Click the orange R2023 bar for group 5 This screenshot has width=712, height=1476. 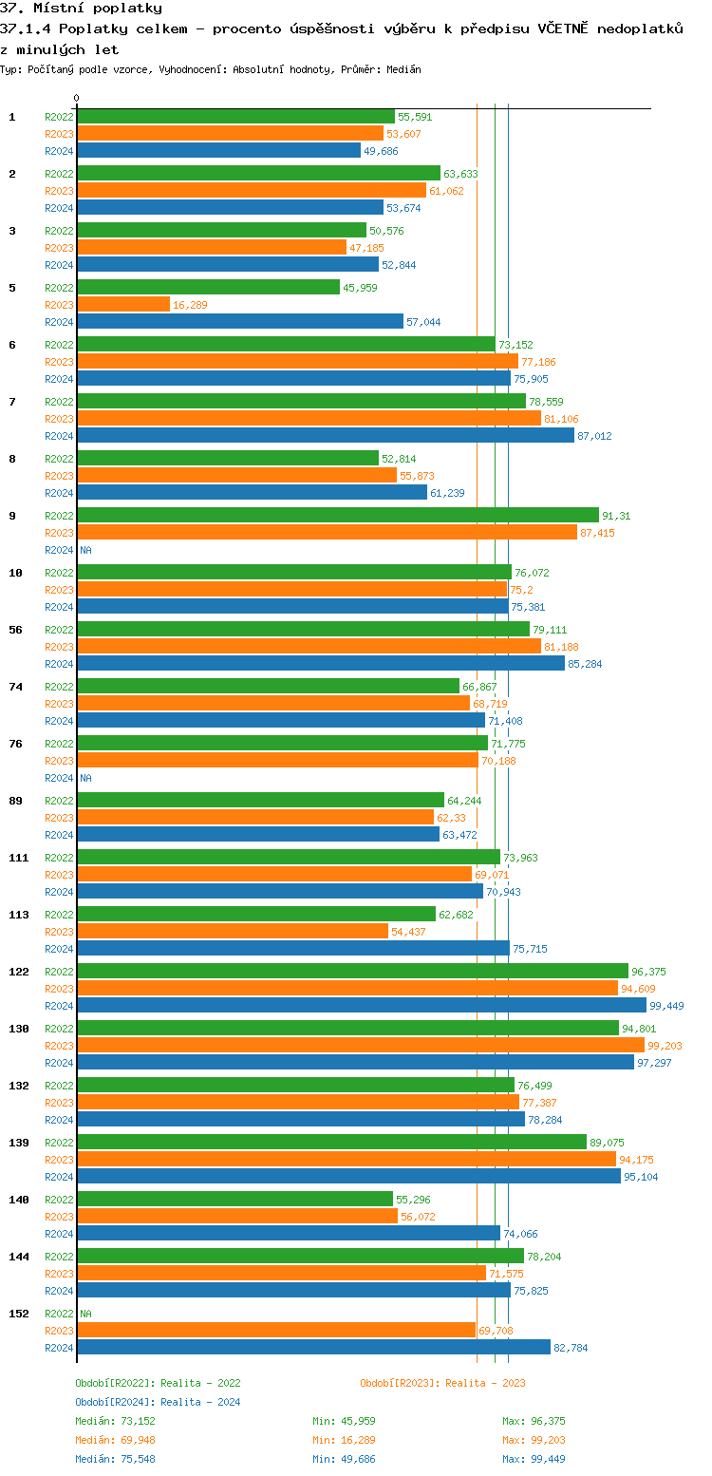pyautogui.click(x=123, y=305)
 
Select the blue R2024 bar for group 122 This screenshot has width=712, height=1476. pyautogui.click(x=362, y=1006)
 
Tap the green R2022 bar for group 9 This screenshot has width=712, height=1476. pyautogui.click(x=338, y=516)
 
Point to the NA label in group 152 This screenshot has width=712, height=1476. pyautogui.click(x=85, y=1314)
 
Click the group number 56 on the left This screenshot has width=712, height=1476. pyautogui.click(x=15, y=630)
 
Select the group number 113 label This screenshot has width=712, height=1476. pyautogui.click(x=18, y=915)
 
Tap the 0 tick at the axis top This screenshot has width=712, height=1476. pyautogui.click(x=77, y=98)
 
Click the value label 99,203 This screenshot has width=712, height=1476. pyautogui.click(x=665, y=1046)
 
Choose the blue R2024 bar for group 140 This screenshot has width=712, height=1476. pyautogui.click(x=289, y=1234)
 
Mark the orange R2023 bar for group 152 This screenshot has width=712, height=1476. pyautogui.click(x=276, y=1331)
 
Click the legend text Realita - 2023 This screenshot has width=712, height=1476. pyautogui.click(x=485, y=1383)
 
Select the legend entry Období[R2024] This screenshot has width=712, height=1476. pyautogui.click(x=115, y=1402)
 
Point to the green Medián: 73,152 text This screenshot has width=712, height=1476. pyautogui.click(x=115, y=1421)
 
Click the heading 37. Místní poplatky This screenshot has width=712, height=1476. pyautogui.click(x=82, y=9)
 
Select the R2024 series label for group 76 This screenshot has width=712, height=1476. pyautogui.click(x=59, y=778)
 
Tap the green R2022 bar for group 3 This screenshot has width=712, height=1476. pyautogui.click(x=221, y=231)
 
